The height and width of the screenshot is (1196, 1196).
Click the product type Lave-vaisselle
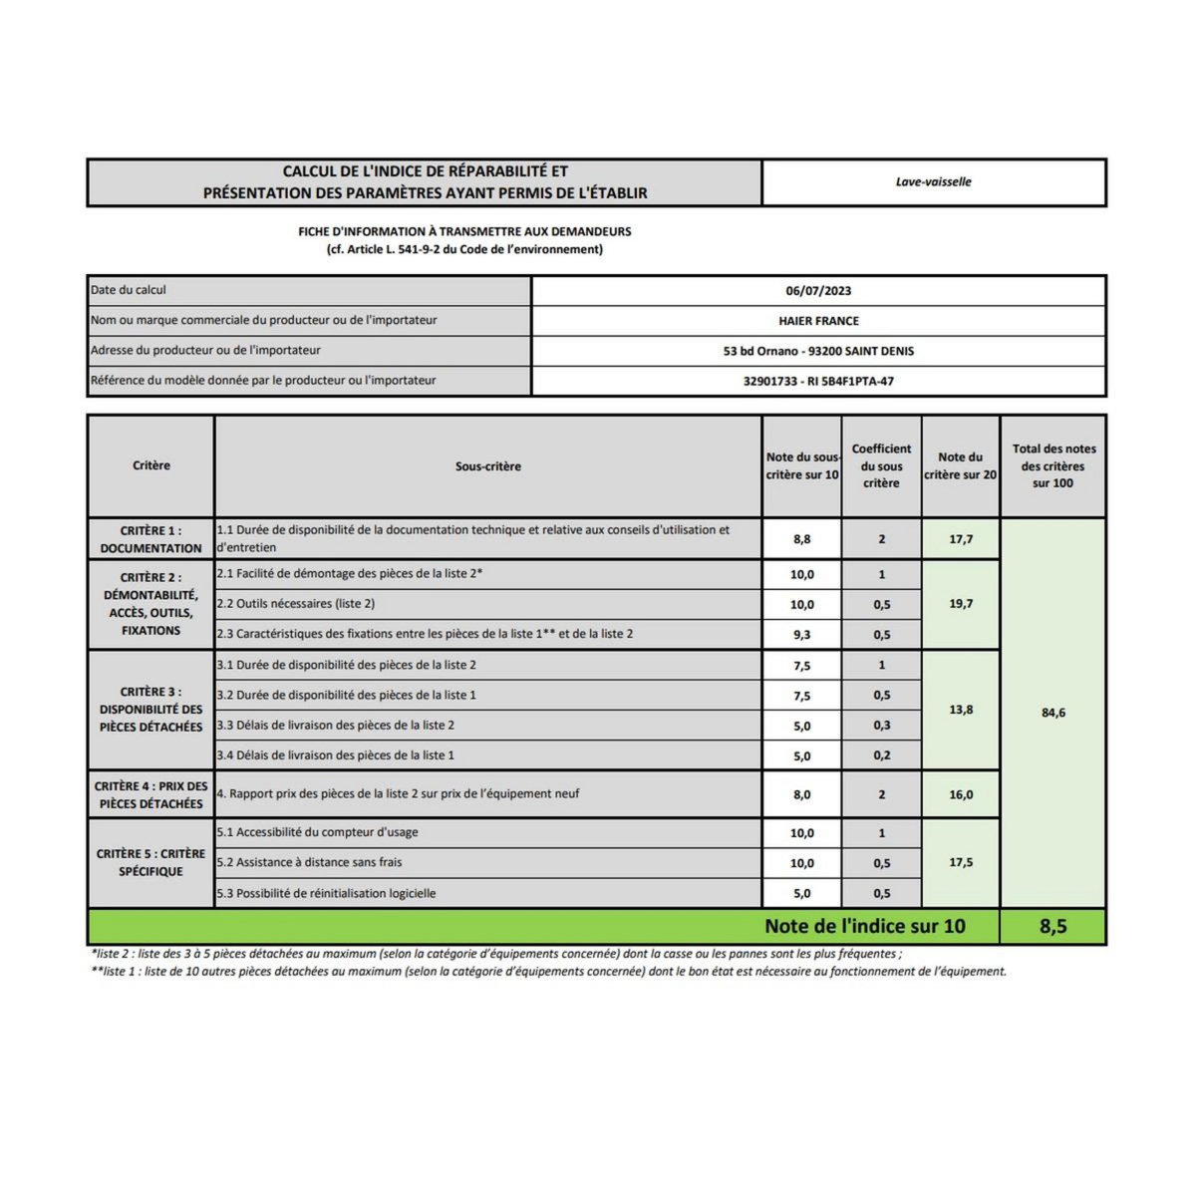click(933, 182)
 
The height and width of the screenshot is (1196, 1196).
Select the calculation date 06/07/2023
click(818, 291)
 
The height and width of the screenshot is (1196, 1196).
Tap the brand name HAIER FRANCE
click(818, 321)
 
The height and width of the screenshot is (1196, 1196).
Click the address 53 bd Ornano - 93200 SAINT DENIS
click(818, 351)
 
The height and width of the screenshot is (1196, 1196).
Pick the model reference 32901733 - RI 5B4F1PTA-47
click(818, 381)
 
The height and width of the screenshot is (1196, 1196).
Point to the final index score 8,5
click(1052, 926)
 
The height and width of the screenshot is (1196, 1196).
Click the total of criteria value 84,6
click(1052, 713)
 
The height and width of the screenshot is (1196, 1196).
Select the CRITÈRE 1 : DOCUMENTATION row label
click(150, 539)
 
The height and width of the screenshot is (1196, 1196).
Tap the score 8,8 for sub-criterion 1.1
click(801, 539)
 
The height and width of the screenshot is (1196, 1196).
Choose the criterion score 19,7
click(961, 604)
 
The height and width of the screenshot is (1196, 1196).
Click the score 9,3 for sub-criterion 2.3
click(801, 635)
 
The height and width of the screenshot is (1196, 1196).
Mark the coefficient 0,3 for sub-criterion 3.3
click(881, 726)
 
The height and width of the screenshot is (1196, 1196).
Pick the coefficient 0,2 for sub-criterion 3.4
click(881, 756)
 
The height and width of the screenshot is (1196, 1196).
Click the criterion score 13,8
click(961, 710)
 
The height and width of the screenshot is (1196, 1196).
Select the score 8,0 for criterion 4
click(801, 795)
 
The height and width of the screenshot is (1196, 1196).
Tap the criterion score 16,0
click(961, 795)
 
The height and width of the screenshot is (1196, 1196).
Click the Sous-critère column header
click(487, 466)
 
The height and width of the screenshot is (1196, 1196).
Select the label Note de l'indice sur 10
click(864, 926)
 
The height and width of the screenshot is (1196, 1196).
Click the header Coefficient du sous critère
click(881, 466)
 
